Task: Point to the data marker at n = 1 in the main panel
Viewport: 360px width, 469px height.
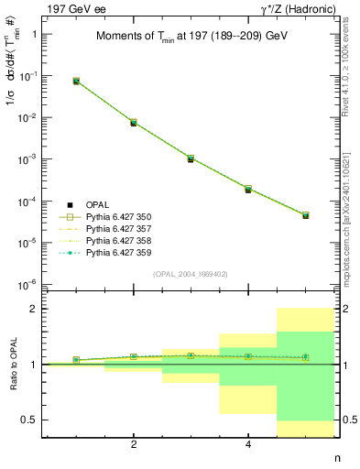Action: point(76,82)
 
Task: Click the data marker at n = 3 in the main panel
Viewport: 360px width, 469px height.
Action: point(191,158)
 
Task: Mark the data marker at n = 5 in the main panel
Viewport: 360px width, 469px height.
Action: point(305,215)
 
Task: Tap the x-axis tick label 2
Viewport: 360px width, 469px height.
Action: point(134,445)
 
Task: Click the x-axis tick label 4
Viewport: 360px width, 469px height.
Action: point(248,445)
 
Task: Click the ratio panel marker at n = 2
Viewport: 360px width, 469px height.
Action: point(134,356)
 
